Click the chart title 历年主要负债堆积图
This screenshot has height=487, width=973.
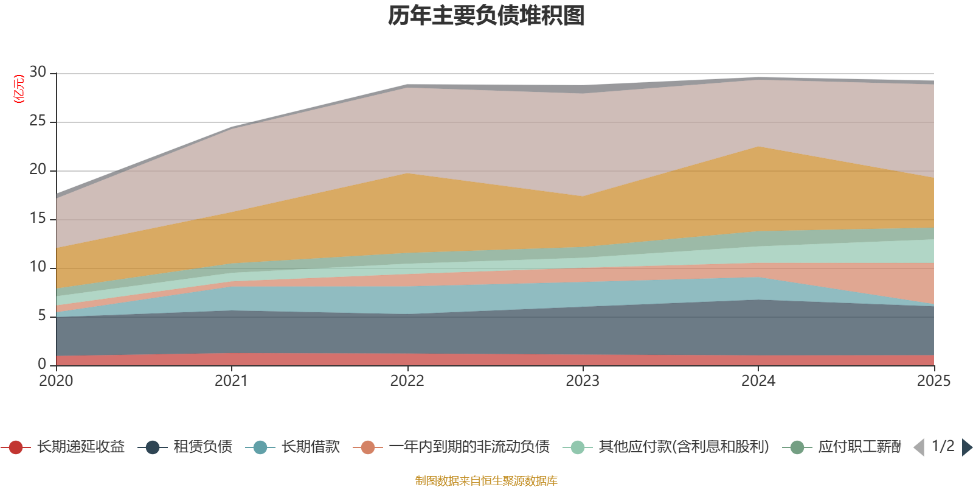pos(486,16)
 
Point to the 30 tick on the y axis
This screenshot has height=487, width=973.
pos(38,72)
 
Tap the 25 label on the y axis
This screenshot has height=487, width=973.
pos(38,121)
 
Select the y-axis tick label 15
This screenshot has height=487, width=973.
pos(38,218)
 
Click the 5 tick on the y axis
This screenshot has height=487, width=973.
pos(42,315)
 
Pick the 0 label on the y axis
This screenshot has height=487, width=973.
pos(42,364)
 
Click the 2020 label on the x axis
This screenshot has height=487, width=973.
pos(56,381)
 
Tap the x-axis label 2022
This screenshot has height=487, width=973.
pos(407,381)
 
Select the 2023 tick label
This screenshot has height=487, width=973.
pos(583,381)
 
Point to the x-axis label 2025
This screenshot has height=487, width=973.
pos(934,381)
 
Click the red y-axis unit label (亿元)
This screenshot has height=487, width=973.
pos(19,89)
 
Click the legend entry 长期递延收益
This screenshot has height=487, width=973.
pos(63,447)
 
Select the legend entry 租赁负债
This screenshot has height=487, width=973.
pos(185,447)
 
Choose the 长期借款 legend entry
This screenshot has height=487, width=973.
pos(293,447)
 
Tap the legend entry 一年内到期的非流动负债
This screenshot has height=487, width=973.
pos(451,447)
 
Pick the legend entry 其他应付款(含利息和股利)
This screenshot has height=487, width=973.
pos(666,447)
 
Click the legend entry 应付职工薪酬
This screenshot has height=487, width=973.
pos(842,447)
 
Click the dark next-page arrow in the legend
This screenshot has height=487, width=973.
pos(967,447)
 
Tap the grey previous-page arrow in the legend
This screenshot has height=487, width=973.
pos(919,447)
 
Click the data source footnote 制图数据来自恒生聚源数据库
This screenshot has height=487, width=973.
pos(486,480)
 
